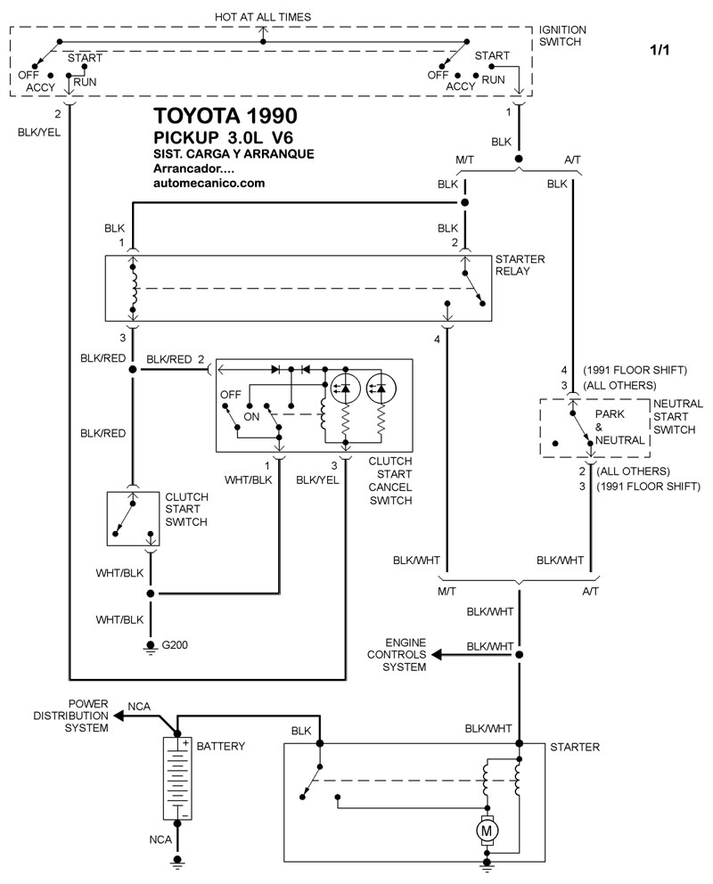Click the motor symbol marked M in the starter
click(488, 831)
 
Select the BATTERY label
click(220, 746)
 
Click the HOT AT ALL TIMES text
click(263, 17)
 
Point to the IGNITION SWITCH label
click(562, 36)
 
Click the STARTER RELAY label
click(520, 265)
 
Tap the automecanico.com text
click(209, 184)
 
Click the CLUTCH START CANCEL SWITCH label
click(389, 481)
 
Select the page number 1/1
click(660, 51)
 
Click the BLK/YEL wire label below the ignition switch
click(39, 131)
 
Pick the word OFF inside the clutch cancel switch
click(231, 394)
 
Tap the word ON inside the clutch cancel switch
click(252, 415)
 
